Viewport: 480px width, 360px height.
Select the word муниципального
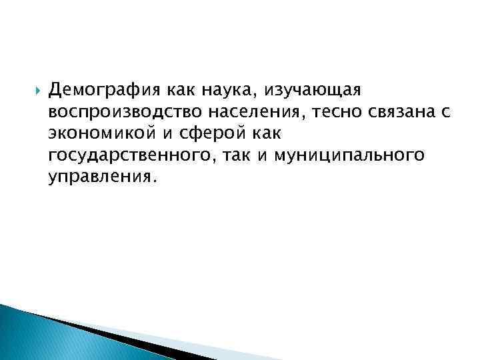pos(349,156)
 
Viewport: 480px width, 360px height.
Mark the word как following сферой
pos(264,134)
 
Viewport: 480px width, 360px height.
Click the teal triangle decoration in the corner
pos(40,337)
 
